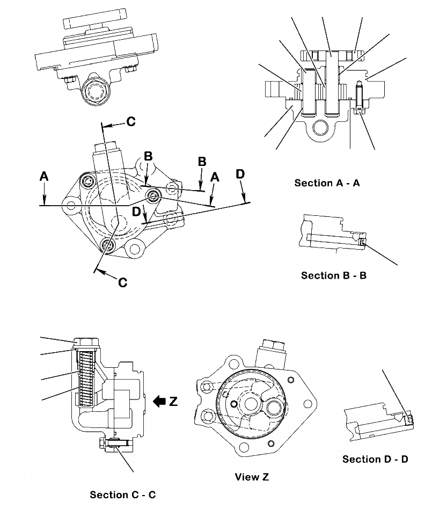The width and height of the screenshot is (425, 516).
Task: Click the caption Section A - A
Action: pos(327,183)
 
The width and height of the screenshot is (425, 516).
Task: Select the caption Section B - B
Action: pos(333,275)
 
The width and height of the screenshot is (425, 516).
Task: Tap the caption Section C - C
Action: pos(122,495)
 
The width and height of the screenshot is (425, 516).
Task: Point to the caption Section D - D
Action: pos(375,459)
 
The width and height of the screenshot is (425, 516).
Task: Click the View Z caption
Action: pos(251,477)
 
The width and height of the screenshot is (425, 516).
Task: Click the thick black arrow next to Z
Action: pos(160,401)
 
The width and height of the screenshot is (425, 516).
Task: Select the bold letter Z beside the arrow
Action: pos(173,401)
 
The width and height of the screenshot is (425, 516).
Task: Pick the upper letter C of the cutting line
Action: pos(131,122)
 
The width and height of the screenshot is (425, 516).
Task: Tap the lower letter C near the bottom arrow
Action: pos(122,282)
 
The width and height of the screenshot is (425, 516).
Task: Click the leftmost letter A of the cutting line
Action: pos(45,176)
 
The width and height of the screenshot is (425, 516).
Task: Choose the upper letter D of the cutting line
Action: pos(240,173)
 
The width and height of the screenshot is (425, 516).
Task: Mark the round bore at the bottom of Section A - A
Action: pos(320,127)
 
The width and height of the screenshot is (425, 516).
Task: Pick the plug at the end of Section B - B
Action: pos(363,242)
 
